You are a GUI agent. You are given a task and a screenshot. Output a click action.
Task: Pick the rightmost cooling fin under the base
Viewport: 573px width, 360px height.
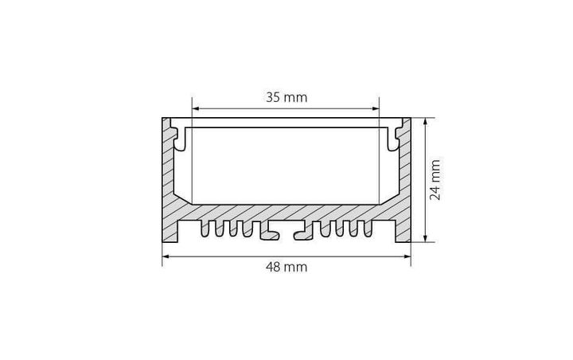click(x=367, y=229)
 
